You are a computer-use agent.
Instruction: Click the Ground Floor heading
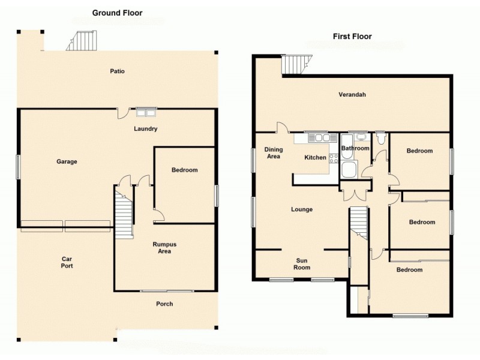[x=117, y=13]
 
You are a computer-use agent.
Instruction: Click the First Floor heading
[x=352, y=37]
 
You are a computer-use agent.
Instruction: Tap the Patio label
[x=117, y=71]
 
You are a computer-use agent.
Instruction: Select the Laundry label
[x=145, y=129]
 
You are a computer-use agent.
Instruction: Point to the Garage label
[x=67, y=161]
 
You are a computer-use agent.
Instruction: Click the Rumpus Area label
[x=164, y=248]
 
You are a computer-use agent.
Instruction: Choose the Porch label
[x=164, y=304]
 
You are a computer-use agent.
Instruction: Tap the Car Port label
[x=67, y=262]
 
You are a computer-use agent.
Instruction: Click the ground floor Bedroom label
[x=184, y=170]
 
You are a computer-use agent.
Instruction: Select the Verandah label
[x=352, y=95]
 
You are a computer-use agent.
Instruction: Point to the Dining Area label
[x=273, y=153]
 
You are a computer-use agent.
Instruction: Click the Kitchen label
[x=316, y=158]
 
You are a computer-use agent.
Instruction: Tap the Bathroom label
[x=355, y=148]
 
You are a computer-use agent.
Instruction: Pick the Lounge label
[x=302, y=209]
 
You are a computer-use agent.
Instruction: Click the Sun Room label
[x=302, y=264]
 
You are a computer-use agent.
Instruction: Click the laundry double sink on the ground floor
[x=145, y=112]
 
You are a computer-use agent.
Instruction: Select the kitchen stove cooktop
[x=333, y=159]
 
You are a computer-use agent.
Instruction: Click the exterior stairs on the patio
[x=80, y=41]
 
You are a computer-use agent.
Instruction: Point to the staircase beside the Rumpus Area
[x=124, y=216]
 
